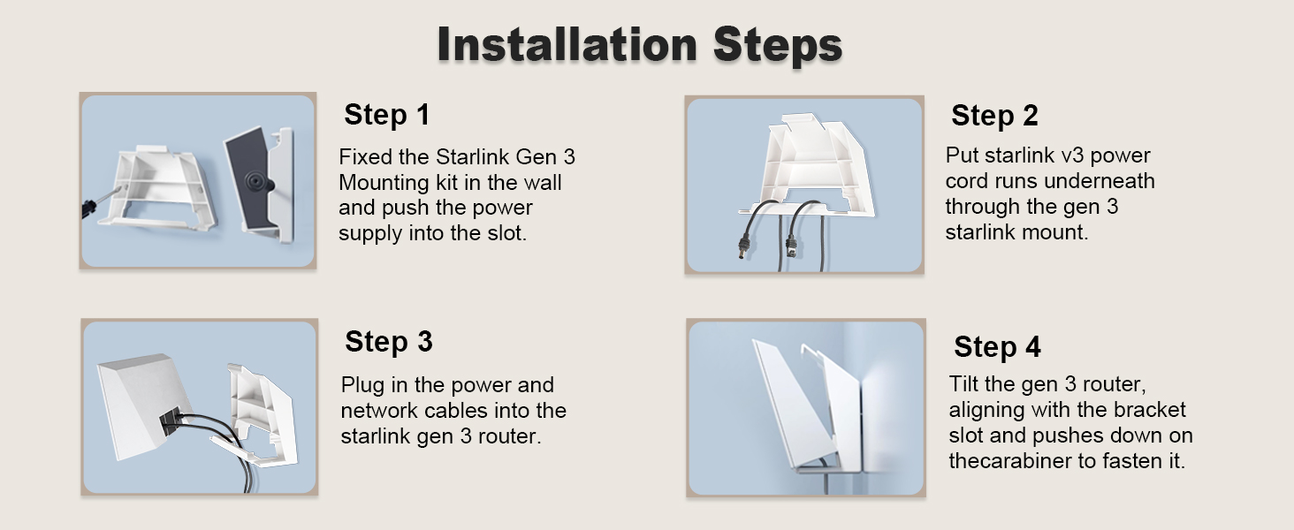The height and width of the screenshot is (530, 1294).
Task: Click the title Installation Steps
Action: (640, 44)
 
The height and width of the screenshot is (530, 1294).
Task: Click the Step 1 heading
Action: (387, 114)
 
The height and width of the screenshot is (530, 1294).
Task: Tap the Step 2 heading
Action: (994, 116)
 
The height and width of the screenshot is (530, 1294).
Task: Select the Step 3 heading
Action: (389, 341)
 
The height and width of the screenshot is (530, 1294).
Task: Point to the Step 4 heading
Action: (997, 347)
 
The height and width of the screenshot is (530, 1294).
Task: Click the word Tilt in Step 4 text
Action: (962, 384)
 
